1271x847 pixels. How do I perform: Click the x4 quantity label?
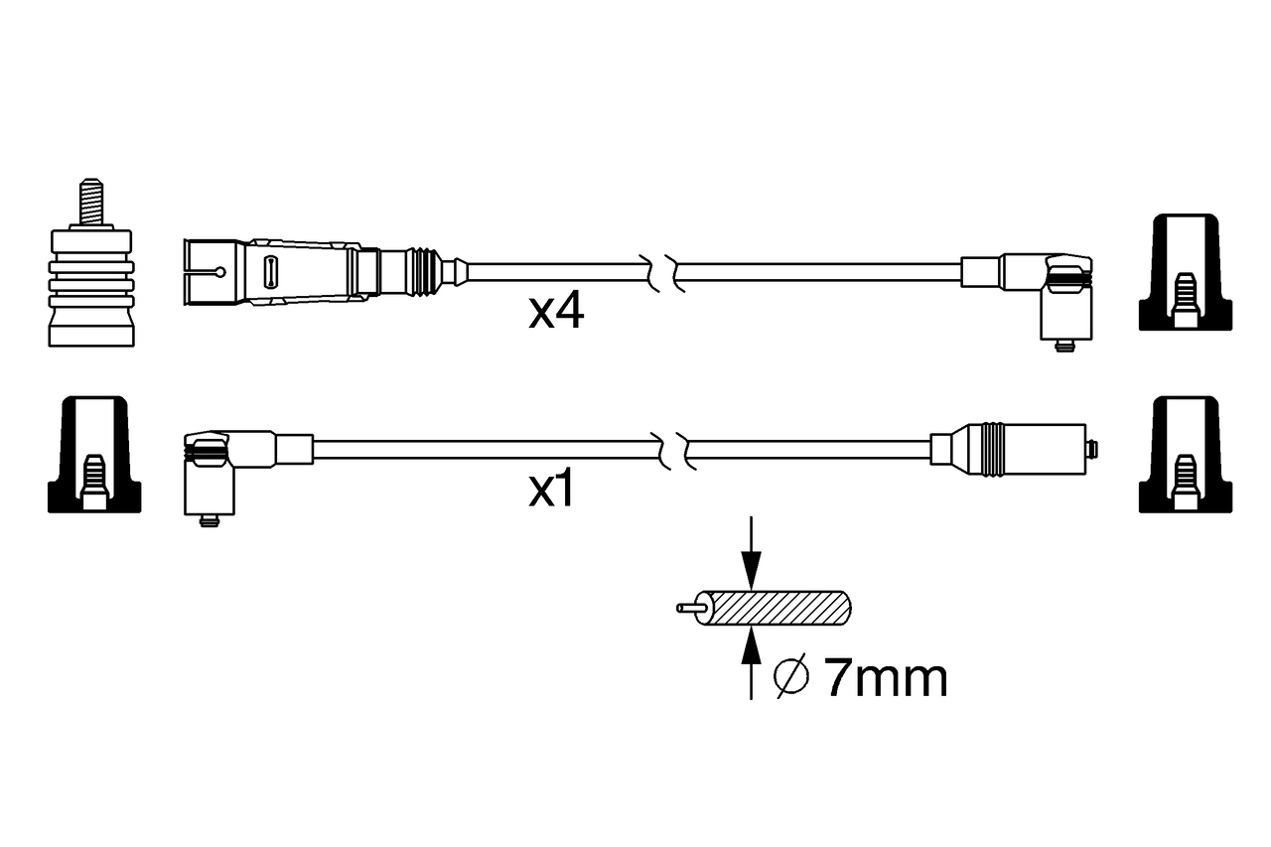point(556,313)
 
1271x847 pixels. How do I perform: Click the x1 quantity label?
point(552,491)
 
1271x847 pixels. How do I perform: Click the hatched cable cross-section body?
point(780,609)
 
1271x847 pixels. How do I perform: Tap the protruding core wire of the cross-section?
point(687,608)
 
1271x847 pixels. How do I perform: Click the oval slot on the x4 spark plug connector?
point(270,271)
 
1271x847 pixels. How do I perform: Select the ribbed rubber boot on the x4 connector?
point(424,271)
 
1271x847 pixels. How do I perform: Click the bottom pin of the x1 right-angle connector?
point(209,520)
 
